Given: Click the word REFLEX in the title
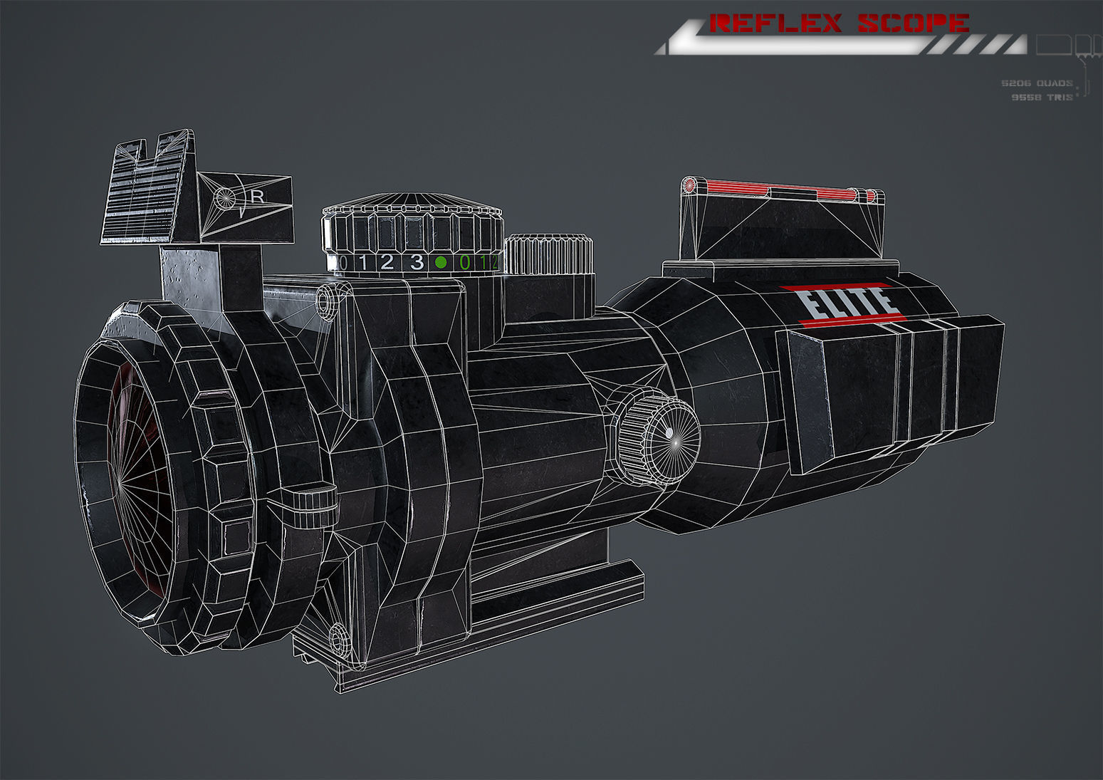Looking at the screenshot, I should pyautogui.click(x=776, y=24).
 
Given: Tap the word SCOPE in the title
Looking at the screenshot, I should pyautogui.click(x=913, y=24).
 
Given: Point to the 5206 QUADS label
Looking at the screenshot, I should pyautogui.click(x=1037, y=83).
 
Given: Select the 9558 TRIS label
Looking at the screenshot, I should pyautogui.click(x=1042, y=97).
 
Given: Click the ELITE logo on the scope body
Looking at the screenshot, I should pyautogui.click(x=847, y=303).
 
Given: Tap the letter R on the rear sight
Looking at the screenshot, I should pyautogui.click(x=258, y=197).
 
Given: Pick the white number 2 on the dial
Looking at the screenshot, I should pyautogui.click(x=387, y=262).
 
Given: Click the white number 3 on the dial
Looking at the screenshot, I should pyautogui.click(x=417, y=262).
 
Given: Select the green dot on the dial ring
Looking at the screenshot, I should pyautogui.click(x=441, y=263).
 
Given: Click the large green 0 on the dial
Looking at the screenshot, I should pyautogui.click(x=465, y=263).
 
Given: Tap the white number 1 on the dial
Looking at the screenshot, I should pyautogui.click(x=362, y=262).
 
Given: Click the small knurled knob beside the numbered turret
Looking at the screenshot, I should pyautogui.click(x=548, y=254).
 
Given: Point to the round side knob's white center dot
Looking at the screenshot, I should pyautogui.click(x=669, y=432).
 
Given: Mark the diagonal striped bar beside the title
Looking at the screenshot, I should pyautogui.click(x=976, y=45).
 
